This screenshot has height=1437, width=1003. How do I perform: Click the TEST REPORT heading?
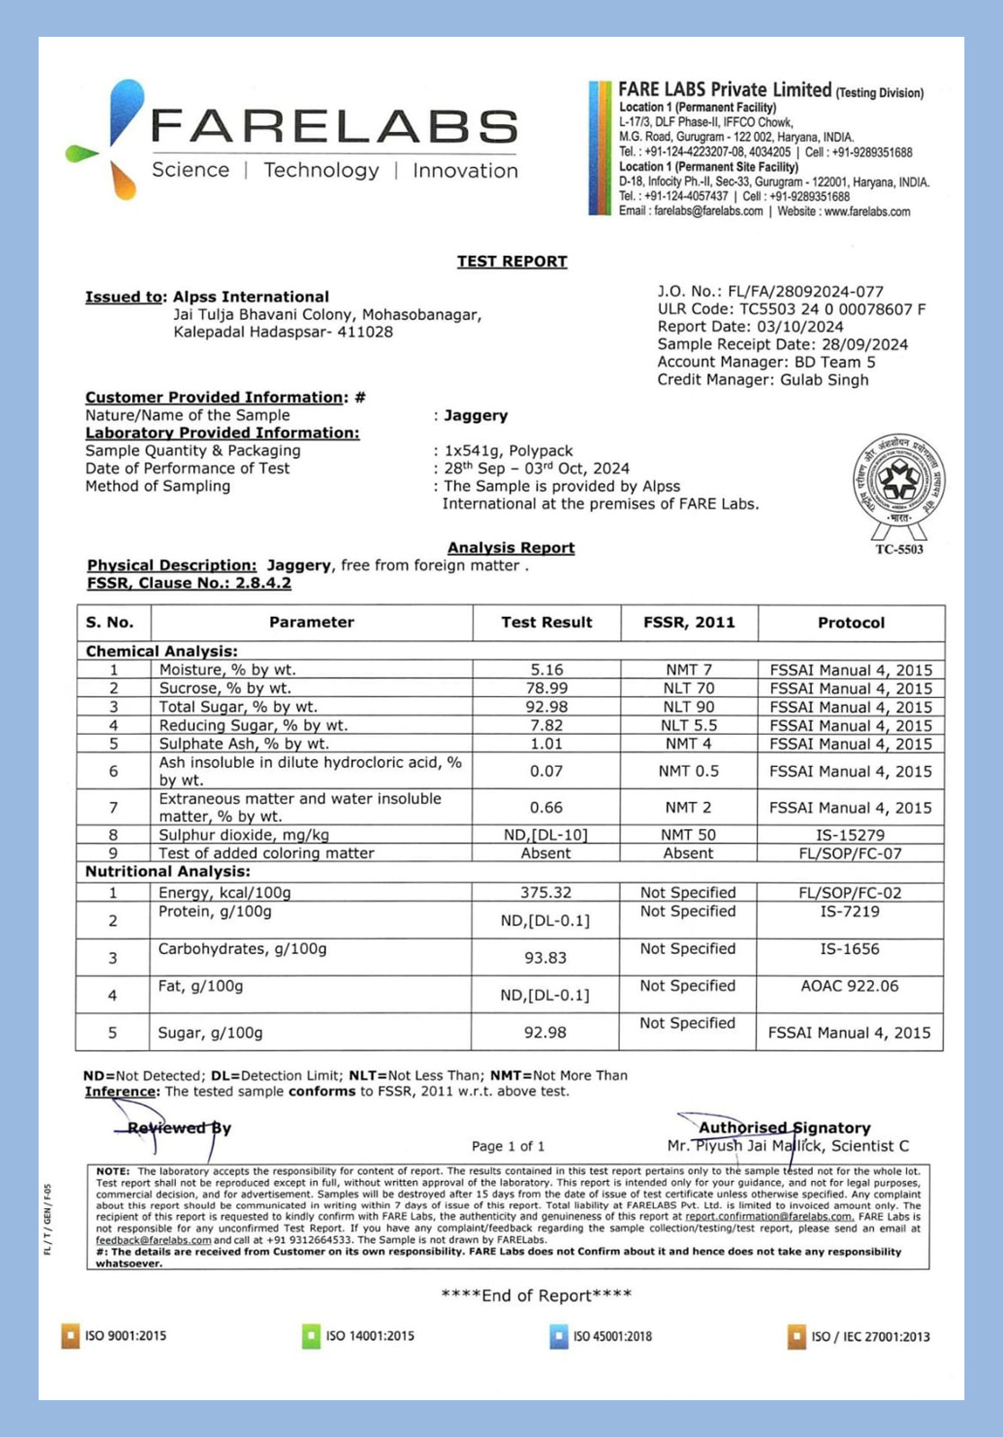tap(512, 261)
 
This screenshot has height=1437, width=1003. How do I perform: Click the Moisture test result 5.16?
tap(546, 670)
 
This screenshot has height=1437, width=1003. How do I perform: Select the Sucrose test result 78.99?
tap(546, 689)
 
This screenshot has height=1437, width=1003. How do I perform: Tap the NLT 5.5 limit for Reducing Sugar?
tap(689, 726)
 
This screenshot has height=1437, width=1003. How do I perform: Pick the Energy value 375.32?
tap(545, 893)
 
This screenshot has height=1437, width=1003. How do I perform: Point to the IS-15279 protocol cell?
tap(849, 835)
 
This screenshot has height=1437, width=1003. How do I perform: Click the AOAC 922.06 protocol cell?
tap(849, 986)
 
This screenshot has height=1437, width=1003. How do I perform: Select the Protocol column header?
tap(850, 622)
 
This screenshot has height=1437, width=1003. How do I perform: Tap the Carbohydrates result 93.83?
tap(545, 958)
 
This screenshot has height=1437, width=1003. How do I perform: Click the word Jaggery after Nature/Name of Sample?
tap(476, 416)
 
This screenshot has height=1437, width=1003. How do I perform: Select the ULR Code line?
tap(791, 309)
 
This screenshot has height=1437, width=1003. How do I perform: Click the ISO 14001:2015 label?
tap(370, 1336)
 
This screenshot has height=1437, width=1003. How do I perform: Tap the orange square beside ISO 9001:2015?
tap(70, 1336)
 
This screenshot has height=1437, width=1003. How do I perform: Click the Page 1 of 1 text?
tap(508, 1147)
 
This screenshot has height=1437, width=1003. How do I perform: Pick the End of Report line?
tap(536, 1295)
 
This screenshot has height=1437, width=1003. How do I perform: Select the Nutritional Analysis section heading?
tap(168, 872)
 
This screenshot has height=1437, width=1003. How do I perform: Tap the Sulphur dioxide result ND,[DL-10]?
tap(545, 835)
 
